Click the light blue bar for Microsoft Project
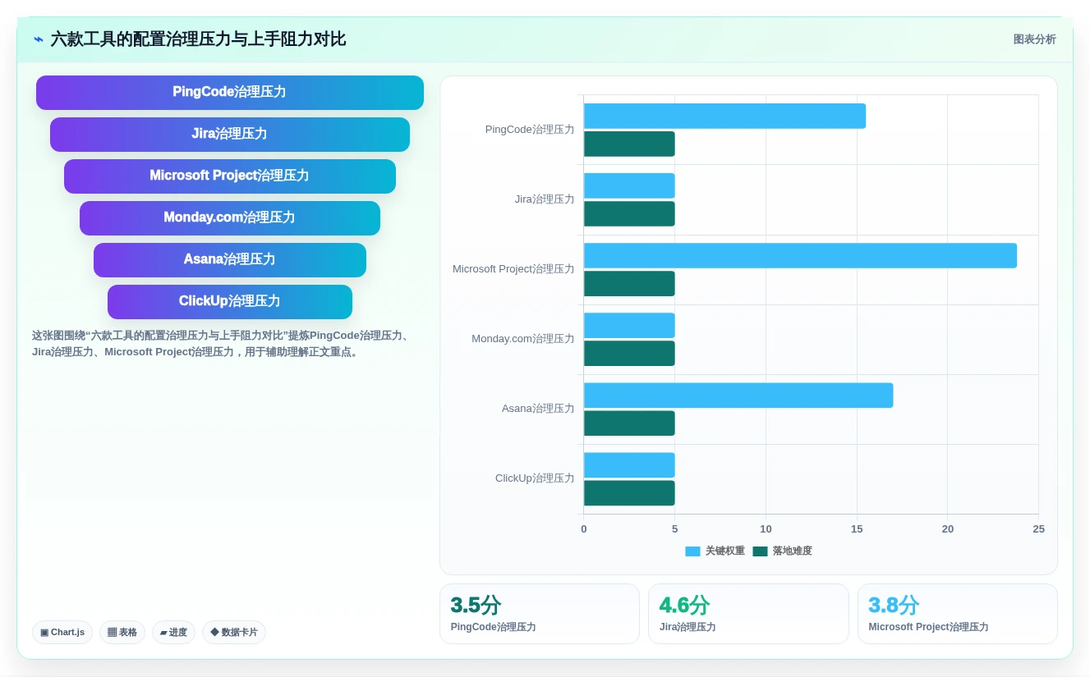pos(800,256)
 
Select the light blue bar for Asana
pos(738,395)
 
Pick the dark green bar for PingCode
pos(629,144)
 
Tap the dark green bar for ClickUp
pos(629,493)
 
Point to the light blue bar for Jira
pos(629,185)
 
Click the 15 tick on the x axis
pos(857,528)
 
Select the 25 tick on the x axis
pos(1038,528)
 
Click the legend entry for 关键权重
pos(715,551)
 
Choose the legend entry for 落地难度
pos(783,551)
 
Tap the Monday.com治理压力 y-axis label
pos(522,338)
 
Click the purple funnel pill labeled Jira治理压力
pos(230,134)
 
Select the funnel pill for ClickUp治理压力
pos(230,301)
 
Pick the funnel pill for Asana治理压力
pos(230,259)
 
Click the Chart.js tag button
pos(62,632)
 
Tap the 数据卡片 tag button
pos(234,632)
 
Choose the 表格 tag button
pos(122,632)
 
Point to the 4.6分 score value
pos(684,605)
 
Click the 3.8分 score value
pos(894,605)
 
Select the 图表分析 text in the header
pos(1034,39)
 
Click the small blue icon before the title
pos(39,39)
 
